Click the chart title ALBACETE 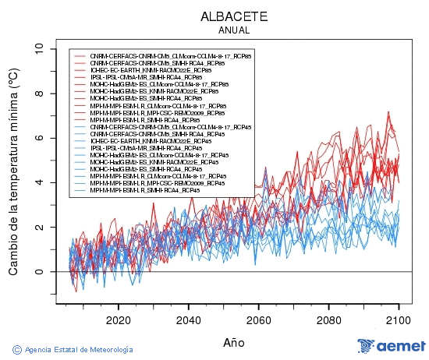click(234, 16)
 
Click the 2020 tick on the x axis click(118, 319)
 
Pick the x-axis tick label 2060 click(258, 319)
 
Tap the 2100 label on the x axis click(399, 319)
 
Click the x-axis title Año click(234, 342)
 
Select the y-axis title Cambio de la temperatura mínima click(13, 171)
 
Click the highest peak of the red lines click(388, 112)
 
